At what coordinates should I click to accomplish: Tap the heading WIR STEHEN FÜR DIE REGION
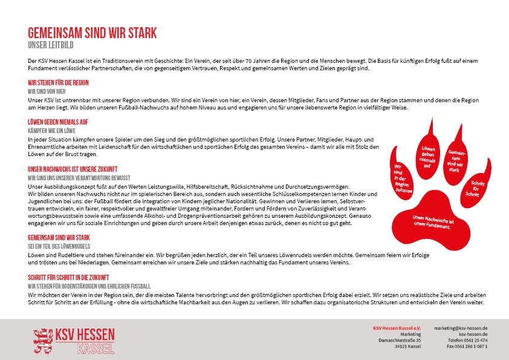[x=58, y=82]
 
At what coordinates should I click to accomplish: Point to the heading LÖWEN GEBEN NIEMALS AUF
[x=58, y=122]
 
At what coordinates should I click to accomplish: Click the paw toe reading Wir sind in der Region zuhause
[x=402, y=178]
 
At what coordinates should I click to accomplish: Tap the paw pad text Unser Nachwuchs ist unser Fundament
[x=433, y=221]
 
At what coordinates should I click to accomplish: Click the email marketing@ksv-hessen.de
[x=461, y=327]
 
